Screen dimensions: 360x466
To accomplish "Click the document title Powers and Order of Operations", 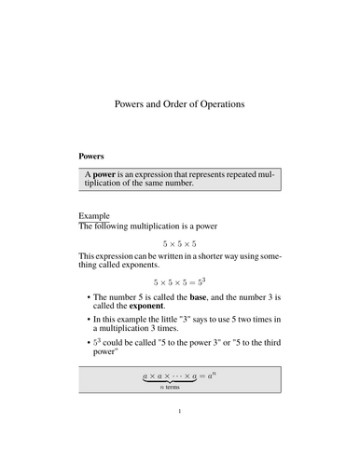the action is point(180,105).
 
